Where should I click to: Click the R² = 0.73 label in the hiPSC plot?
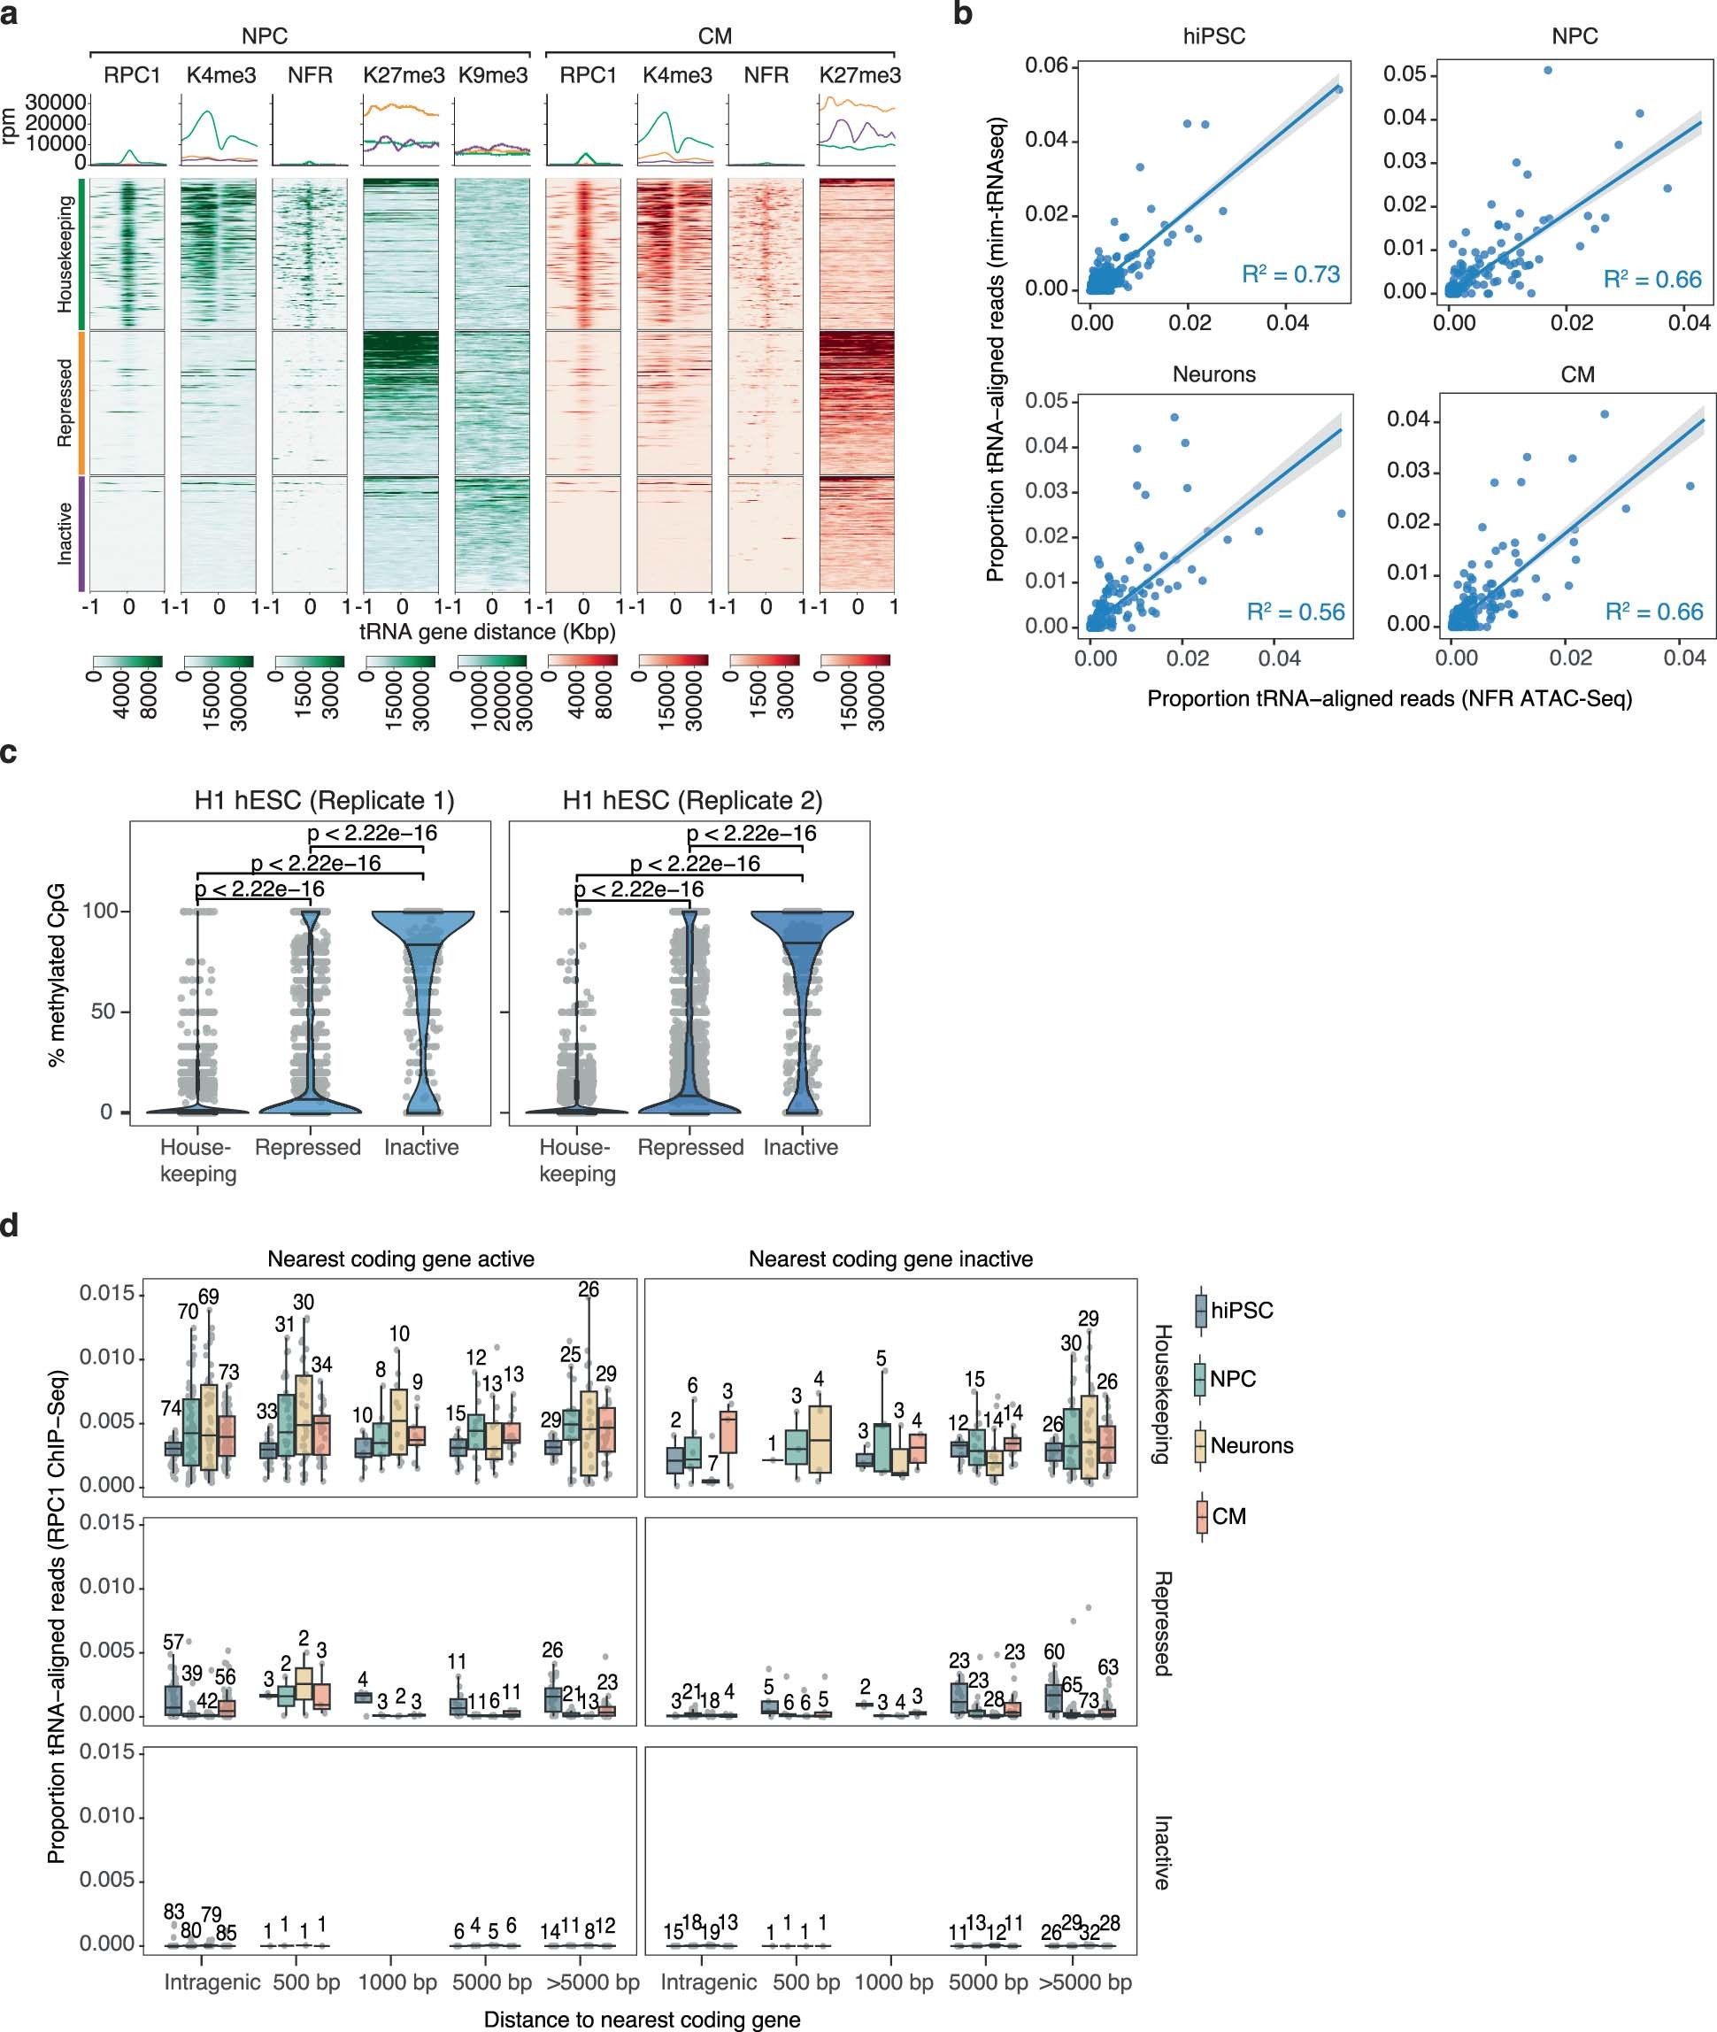(1290, 274)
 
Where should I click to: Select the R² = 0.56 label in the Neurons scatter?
(1295, 612)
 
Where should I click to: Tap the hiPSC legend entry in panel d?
(1241, 1310)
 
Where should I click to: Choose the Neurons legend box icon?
(1201, 1446)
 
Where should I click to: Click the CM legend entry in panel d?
(1228, 1516)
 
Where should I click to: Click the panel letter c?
(9, 752)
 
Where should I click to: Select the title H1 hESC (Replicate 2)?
(692, 800)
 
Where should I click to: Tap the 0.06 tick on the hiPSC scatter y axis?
(1046, 65)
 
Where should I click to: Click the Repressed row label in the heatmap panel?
(65, 403)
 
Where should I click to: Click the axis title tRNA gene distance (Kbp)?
(488, 632)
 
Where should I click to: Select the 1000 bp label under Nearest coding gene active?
(397, 1982)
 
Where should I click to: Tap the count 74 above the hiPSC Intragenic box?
(172, 1408)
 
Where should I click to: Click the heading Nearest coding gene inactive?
(890, 1258)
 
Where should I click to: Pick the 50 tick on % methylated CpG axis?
(104, 1012)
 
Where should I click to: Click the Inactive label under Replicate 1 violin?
(421, 1147)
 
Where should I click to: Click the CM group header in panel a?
(715, 36)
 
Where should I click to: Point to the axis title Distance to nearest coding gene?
(642, 2020)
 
